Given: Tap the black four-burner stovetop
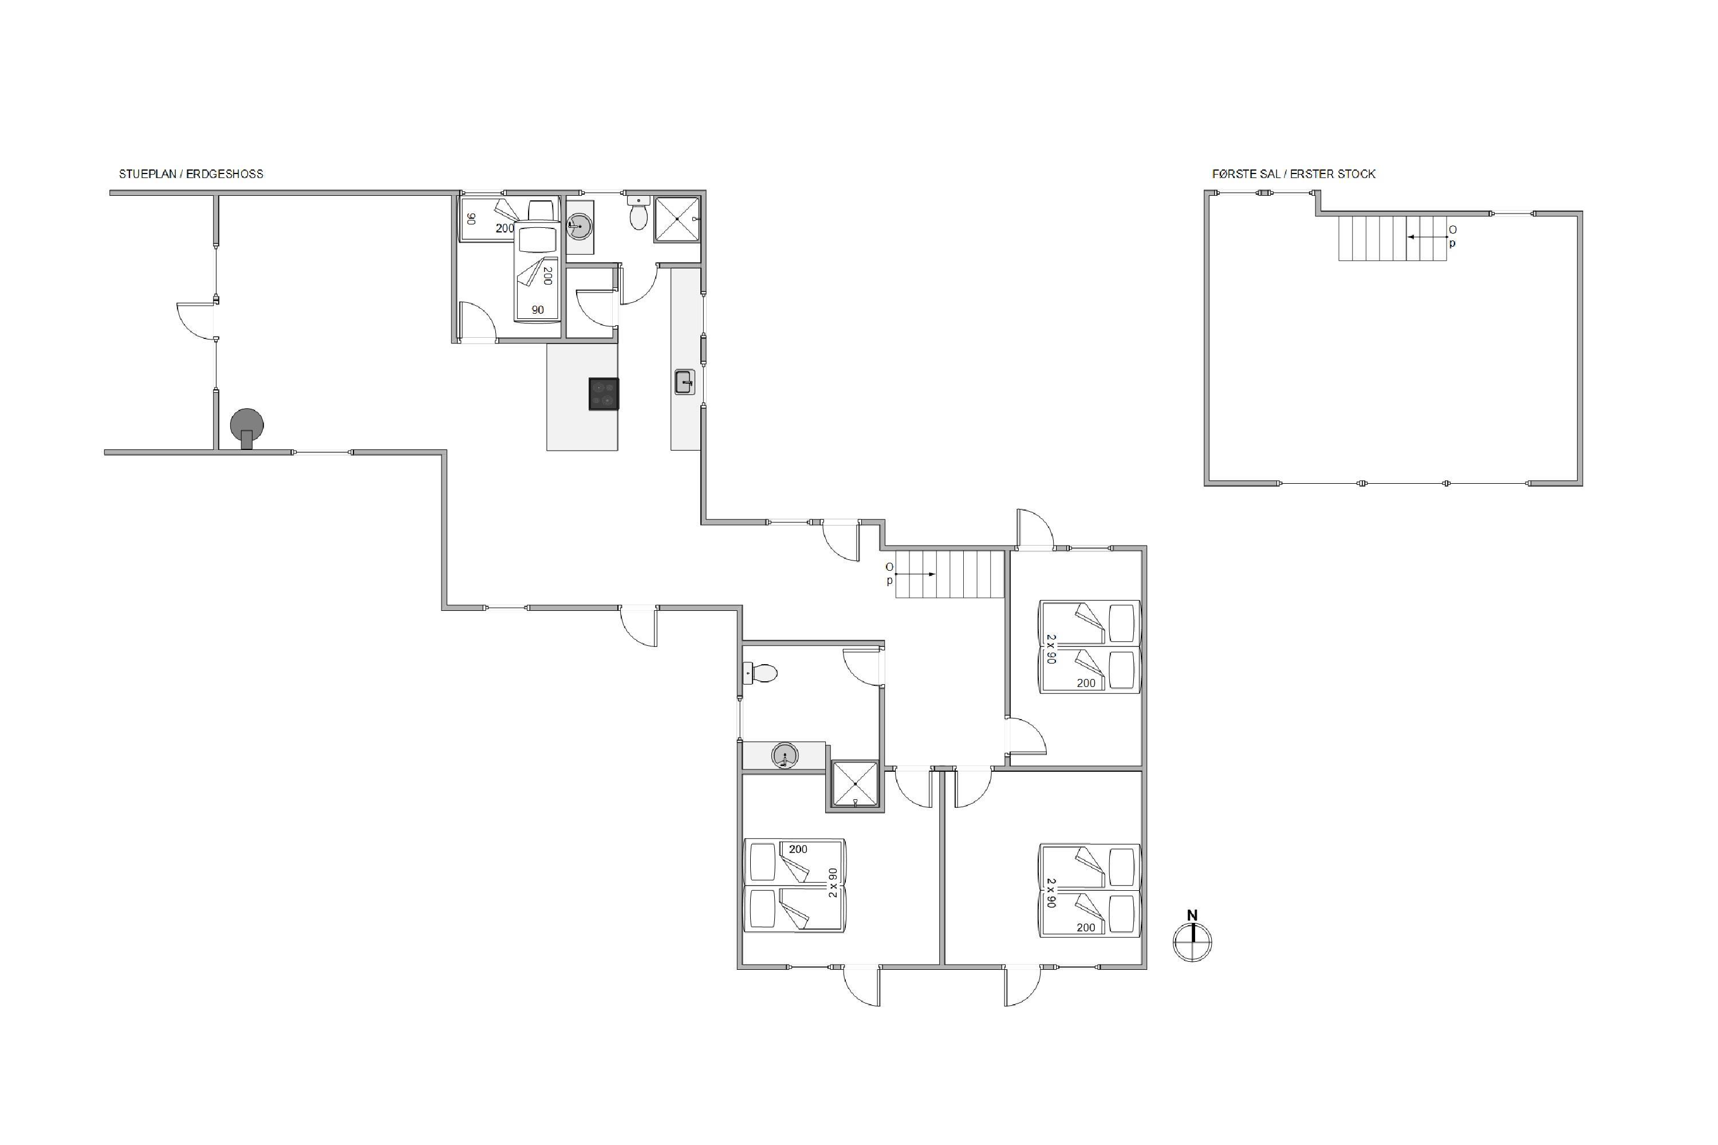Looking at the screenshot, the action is [x=604, y=394].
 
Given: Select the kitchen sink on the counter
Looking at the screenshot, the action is [x=684, y=382].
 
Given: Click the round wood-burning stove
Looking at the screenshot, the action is [x=247, y=427].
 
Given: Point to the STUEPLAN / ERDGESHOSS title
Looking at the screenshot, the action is [x=191, y=174].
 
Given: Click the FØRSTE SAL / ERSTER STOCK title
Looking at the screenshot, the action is [x=1294, y=174].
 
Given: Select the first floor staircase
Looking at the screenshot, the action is [x=1393, y=238].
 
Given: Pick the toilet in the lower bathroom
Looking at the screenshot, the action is [x=760, y=673].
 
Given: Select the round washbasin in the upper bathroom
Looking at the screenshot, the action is [x=579, y=226].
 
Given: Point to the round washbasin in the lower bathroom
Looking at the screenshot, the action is [x=784, y=755].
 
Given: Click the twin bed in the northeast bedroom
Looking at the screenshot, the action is [x=1090, y=646].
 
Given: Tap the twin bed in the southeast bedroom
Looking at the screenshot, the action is [x=1090, y=890].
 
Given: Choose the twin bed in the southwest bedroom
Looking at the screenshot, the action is [x=795, y=886].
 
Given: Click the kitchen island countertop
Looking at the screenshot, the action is [x=582, y=397].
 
